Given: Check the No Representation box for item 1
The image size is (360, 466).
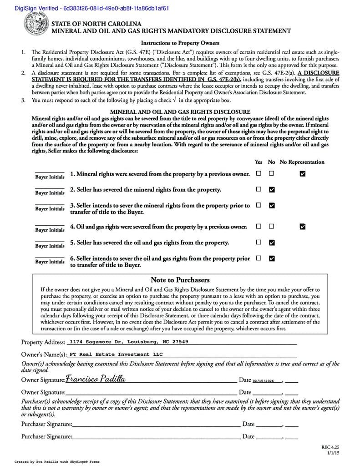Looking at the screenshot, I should (303, 174).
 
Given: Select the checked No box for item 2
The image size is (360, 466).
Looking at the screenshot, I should (272, 189).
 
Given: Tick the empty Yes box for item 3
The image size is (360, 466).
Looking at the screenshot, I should (259, 205).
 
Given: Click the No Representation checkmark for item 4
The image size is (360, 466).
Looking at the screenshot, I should (303, 226).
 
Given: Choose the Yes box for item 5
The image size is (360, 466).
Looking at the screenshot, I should (259, 242).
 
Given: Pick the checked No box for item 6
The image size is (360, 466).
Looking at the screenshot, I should (272, 258).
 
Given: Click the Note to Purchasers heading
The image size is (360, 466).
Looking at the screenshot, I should (180, 280).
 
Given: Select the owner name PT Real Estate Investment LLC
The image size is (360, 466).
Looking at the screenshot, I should (116, 354).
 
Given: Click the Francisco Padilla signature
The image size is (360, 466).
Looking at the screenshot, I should (96, 379).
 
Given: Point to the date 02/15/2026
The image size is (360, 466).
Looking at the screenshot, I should (264, 380).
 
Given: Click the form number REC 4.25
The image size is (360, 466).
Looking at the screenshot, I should (330, 447).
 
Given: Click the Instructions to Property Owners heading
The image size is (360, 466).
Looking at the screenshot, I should (180, 43).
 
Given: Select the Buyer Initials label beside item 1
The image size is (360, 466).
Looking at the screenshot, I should (50, 177).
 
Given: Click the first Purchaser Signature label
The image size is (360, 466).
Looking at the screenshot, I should (46, 424).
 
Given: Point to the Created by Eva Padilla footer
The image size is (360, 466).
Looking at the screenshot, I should (57, 461).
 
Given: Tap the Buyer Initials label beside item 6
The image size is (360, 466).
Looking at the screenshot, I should (50, 262).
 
